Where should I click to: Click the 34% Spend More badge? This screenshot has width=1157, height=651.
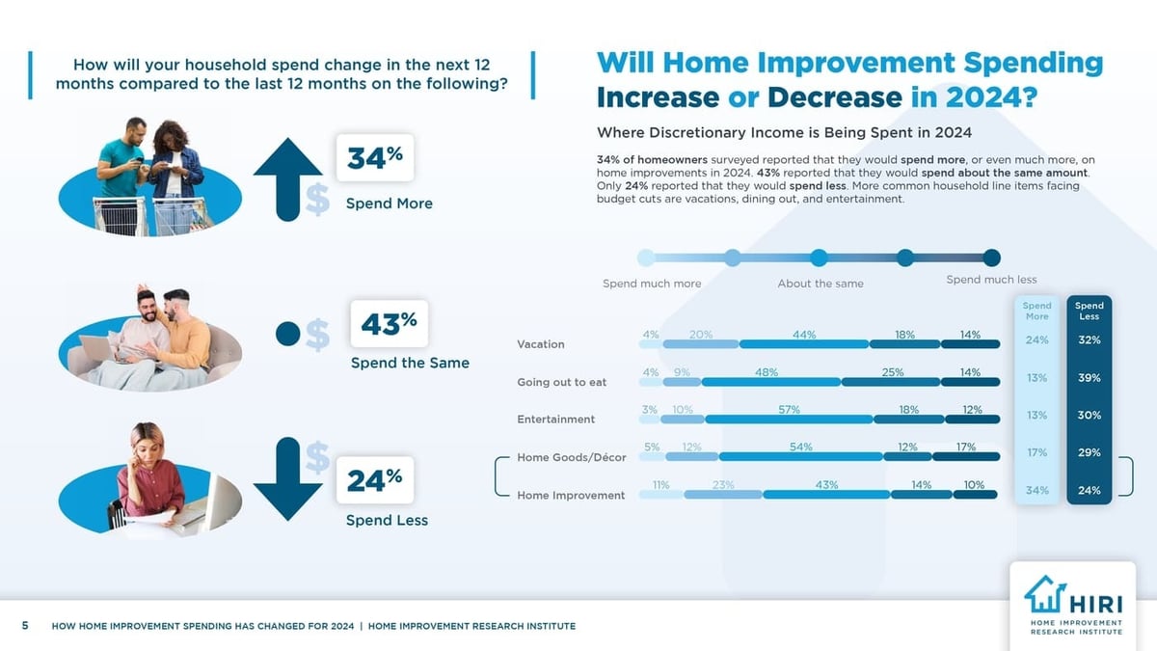coord(374,158)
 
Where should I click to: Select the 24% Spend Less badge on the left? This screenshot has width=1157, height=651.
coord(374,480)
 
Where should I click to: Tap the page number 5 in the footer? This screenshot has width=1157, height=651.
coord(25,626)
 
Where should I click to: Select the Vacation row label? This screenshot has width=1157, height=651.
coord(541,344)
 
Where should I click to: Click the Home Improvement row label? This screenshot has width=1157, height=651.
coord(571,495)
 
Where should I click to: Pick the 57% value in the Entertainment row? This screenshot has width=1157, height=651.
coord(789,410)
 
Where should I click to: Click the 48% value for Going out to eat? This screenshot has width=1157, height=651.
coord(767,372)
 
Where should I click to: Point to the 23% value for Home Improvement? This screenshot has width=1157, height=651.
coord(723,485)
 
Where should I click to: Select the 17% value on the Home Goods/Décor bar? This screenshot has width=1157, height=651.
coord(965,448)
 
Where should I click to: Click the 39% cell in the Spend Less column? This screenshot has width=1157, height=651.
coord(1090,378)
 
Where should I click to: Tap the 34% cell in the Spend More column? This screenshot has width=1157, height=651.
coord(1037,490)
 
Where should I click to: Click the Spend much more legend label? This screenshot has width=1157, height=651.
coord(652,284)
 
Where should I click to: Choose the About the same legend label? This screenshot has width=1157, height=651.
coord(821,284)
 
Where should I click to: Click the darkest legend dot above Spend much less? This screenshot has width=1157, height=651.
coord(991,258)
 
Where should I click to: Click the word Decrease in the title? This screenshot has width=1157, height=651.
coord(835,98)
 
